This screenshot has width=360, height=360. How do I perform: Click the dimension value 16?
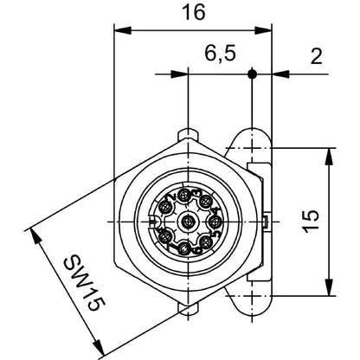tap(193, 13)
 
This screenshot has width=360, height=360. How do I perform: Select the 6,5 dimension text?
tap(218, 55)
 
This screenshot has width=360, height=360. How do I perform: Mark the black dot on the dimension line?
tap(252, 74)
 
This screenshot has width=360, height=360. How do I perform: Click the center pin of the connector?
tap(187, 222)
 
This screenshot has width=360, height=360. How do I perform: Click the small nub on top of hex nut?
tap(187, 134)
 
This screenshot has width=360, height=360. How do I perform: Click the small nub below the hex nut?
tap(187, 309)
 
